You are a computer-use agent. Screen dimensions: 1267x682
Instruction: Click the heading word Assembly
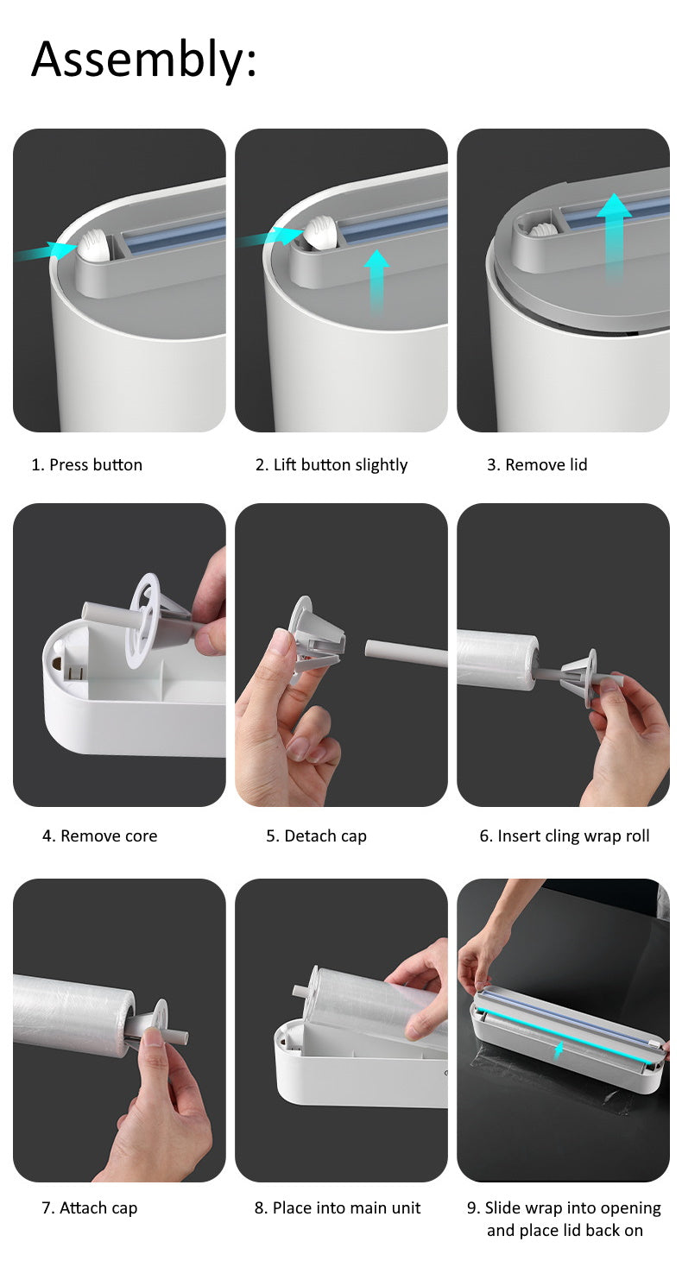coord(143,60)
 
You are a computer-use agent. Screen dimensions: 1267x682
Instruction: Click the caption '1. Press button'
coord(87,464)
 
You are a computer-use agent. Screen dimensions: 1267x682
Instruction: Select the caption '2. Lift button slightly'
coord(332,464)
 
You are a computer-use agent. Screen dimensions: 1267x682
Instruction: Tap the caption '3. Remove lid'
coord(537,464)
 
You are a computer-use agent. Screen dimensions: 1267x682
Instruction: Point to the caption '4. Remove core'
coord(100,835)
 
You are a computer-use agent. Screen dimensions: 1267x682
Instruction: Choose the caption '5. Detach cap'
coord(316,835)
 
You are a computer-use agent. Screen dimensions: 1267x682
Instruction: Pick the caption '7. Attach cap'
coord(90,1207)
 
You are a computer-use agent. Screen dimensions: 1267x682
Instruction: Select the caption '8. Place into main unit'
coord(338,1207)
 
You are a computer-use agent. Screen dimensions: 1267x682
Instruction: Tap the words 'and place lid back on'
coord(565,1230)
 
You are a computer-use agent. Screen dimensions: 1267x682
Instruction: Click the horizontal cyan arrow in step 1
coord(47,251)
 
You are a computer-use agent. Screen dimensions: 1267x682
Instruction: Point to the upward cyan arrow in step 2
coord(376,279)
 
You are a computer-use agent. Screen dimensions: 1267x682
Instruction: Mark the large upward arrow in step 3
coord(614,233)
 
